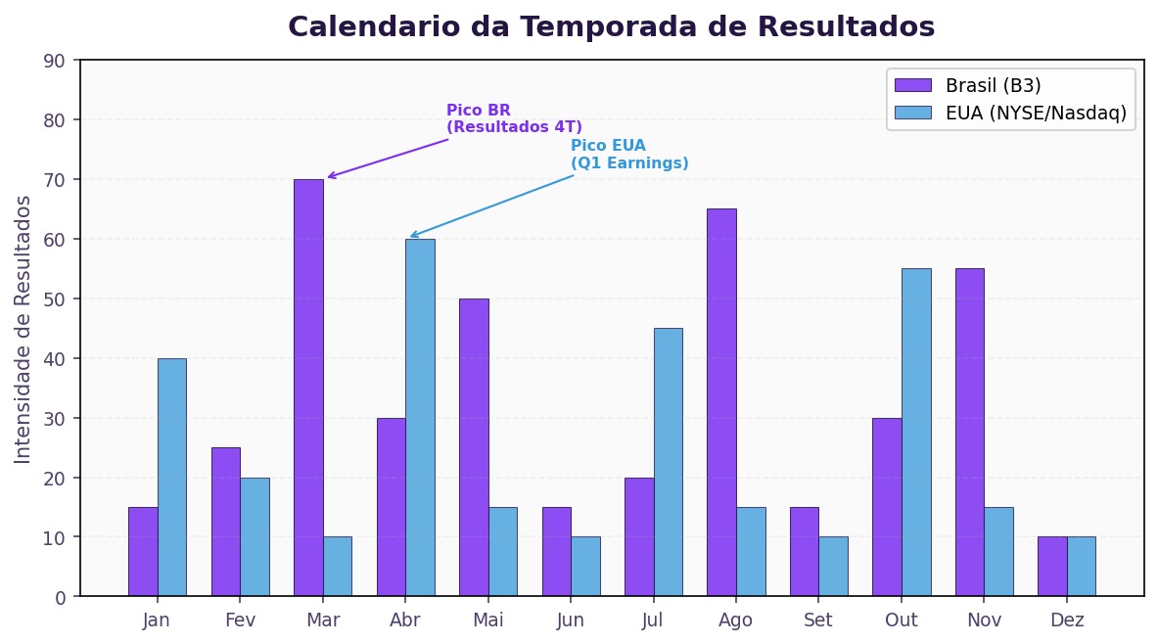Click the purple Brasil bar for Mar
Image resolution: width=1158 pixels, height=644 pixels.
click(308, 388)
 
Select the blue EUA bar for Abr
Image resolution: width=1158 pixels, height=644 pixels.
click(420, 417)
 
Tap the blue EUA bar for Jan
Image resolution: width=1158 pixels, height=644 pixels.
click(171, 477)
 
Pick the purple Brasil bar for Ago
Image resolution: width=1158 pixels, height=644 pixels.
click(721, 402)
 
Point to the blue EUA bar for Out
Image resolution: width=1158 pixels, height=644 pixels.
click(916, 432)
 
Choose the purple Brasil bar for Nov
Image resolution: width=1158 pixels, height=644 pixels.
click(969, 432)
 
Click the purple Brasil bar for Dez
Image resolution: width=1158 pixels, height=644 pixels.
click(1052, 566)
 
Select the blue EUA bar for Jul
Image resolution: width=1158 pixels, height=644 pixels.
click(669, 462)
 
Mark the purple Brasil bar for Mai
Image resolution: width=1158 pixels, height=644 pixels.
click(474, 447)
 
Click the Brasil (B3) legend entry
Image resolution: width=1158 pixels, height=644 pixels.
click(993, 85)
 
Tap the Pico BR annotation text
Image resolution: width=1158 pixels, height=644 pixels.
click(514, 118)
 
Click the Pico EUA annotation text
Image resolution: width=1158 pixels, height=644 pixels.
click(629, 155)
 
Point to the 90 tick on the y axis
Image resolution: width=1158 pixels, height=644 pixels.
click(55, 61)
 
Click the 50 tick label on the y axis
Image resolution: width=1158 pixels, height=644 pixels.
click(55, 299)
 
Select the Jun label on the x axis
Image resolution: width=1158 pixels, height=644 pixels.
click(570, 621)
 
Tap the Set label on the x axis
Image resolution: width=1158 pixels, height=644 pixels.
click(818, 621)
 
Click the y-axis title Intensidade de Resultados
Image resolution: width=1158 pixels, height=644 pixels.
click(23, 329)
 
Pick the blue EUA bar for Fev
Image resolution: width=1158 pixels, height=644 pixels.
click(255, 536)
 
